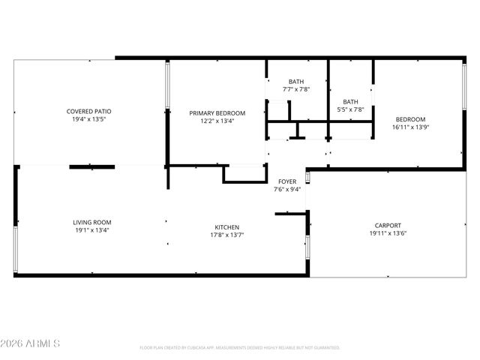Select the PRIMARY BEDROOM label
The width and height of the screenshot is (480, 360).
click(217, 112)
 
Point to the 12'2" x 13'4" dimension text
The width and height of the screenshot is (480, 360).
click(217, 121)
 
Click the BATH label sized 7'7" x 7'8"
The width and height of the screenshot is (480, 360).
click(296, 81)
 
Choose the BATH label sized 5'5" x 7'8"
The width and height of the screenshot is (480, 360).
click(350, 101)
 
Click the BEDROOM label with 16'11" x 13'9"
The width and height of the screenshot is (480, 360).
click(410, 119)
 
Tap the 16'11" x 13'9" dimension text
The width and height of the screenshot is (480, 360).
click(410, 127)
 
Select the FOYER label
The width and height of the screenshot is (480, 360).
click(287, 181)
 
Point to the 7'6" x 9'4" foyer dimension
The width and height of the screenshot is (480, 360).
click(287, 189)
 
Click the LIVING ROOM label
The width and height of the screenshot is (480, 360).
click(91, 222)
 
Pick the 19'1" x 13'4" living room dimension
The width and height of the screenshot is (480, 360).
click(91, 230)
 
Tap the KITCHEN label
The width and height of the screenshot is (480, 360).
click(227, 226)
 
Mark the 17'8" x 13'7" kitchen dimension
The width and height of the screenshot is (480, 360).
click(227, 235)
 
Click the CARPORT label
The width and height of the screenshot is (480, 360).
click(388, 225)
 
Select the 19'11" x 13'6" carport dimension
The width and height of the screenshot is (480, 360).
click(388, 233)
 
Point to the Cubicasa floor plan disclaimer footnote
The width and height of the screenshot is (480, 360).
click(239, 348)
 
